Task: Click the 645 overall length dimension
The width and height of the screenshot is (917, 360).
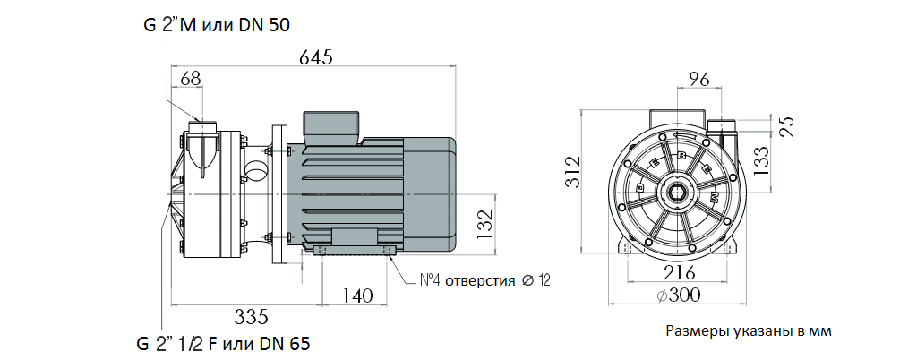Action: [315, 57]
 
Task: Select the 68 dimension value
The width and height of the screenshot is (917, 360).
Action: [190, 78]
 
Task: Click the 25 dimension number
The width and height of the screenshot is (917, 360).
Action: [788, 126]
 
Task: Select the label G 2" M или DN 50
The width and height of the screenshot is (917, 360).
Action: [216, 25]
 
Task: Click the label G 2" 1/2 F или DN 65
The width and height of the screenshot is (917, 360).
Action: [223, 343]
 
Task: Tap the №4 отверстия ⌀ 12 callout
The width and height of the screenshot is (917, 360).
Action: [484, 280]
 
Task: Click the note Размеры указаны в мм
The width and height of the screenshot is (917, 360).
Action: [749, 332]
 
